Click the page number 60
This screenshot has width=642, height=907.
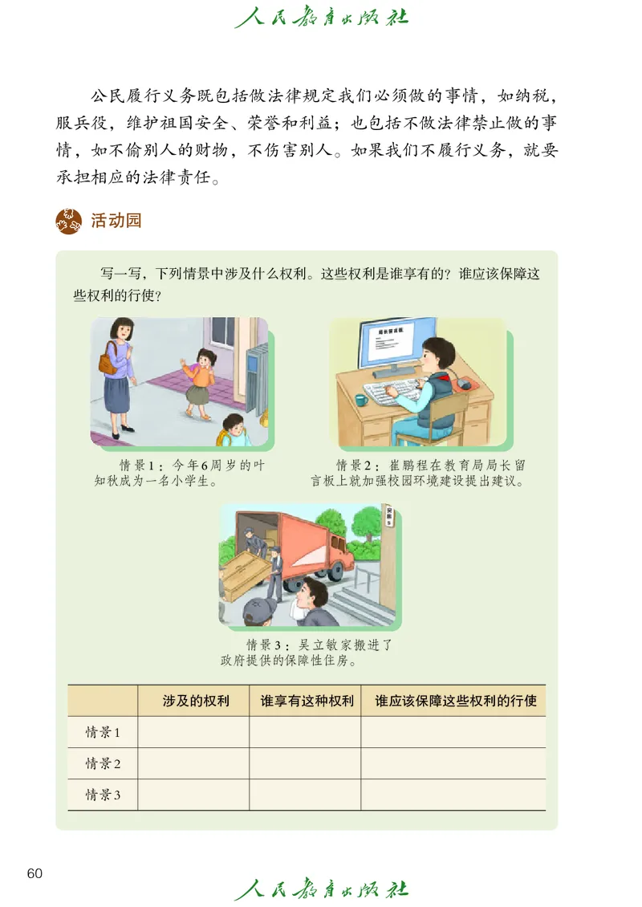pyautogui.click(x=35, y=873)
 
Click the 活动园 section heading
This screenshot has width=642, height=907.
pyautogui.click(x=116, y=220)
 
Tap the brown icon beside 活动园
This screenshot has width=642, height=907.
pyautogui.click(x=69, y=221)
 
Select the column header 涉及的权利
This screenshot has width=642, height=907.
pyautogui.click(x=196, y=701)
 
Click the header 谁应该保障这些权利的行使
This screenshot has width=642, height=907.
pyautogui.click(x=456, y=701)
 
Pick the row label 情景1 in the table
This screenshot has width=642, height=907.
pyautogui.click(x=103, y=732)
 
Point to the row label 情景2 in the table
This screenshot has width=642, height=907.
pyautogui.click(x=103, y=763)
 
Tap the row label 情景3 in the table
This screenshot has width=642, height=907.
pyautogui.click(x=103, y=795)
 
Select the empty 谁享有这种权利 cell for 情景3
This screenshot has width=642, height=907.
pyautogui.click(x=305, y=795)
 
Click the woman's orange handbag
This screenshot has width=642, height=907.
pyautogui.click(x=107, y=362)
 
